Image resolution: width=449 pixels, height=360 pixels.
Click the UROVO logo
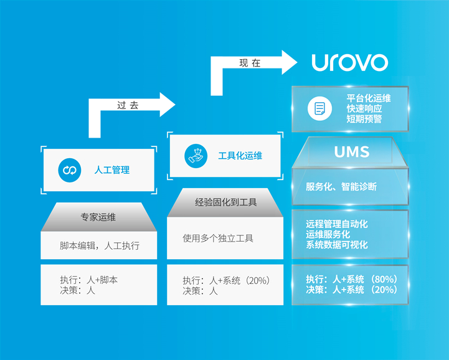[349, 62]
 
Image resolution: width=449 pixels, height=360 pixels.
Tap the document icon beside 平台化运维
[319, 109]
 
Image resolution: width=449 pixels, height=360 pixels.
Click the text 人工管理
[112, 169]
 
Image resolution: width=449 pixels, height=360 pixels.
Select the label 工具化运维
[240, 155]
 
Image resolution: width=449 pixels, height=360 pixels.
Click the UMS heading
[351, 151]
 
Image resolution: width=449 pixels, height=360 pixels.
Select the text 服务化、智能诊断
[341, 186]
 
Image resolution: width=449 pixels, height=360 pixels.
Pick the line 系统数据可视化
[337, 245]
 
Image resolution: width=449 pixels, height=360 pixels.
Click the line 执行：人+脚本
[88, 280]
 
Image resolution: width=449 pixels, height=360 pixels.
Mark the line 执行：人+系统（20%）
[226, 280]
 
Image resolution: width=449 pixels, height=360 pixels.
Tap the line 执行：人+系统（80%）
[352, 279]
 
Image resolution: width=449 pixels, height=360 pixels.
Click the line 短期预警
[364, 119]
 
